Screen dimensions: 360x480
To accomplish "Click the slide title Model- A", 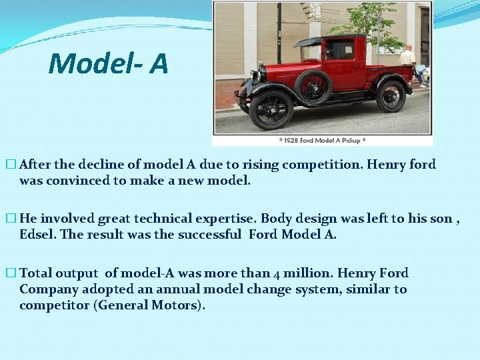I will (108, 64).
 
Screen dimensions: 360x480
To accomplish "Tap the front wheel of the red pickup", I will (271, 108).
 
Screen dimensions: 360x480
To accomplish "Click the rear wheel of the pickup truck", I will (391, 96).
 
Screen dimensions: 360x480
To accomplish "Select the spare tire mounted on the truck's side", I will (313, 87).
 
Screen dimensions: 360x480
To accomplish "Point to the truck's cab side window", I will (340, 50).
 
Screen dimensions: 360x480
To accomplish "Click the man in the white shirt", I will (408, 60).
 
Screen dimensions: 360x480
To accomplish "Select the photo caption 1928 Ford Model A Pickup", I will (322, 141).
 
